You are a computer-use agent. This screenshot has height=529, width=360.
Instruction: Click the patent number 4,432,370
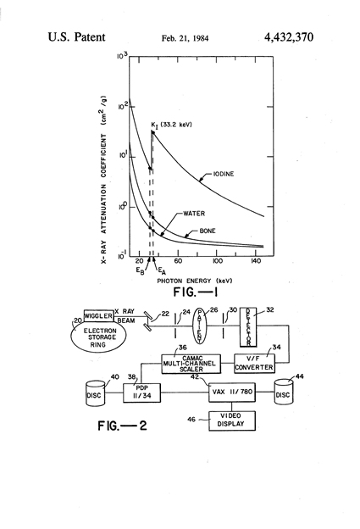click(289, 37)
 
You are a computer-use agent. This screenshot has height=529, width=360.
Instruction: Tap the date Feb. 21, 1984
click(185, 38)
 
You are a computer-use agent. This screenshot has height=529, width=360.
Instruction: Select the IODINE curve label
click(224, 174)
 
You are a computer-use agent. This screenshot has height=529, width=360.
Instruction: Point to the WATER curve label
click(194, 214)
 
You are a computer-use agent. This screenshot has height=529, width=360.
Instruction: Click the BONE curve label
click(208, 231)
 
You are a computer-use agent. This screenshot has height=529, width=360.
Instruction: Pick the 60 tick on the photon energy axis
click(179, 261)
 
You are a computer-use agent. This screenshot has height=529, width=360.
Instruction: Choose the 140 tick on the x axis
click(255, 261)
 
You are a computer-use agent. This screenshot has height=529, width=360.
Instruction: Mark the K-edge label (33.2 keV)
click(172, 125)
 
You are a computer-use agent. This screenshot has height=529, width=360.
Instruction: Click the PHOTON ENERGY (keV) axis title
click(195, 281)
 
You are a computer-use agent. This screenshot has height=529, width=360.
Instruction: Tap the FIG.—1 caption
click(195, 292)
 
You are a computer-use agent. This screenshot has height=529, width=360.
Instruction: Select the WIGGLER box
click(98, 316)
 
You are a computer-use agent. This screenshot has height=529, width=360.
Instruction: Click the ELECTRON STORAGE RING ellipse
click(98, 337)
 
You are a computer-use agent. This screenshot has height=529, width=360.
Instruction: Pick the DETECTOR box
click(248, 327)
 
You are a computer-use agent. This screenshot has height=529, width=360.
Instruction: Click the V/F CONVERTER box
click(254, 364)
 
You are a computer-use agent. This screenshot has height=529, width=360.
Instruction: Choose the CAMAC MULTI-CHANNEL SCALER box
click(191, 364)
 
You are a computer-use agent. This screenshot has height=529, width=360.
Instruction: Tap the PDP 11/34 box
click(141, 393)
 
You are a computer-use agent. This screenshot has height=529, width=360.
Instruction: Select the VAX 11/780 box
click(232, 392)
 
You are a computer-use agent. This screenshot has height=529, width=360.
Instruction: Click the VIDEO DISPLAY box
click(231, 420)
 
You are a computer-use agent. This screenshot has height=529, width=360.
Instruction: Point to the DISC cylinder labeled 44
click(282, 393)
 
